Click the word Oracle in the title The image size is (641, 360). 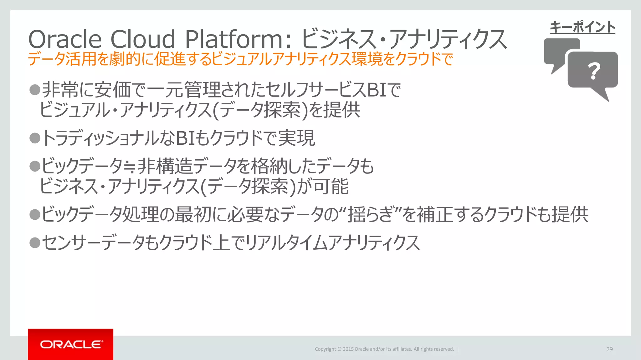65,39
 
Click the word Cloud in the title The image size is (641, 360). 143,39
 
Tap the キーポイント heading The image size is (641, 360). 582,27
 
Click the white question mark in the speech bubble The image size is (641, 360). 594,71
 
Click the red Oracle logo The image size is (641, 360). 71,344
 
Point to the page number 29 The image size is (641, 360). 609,349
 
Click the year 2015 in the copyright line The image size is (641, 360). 348,349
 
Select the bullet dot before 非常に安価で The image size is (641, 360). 35,90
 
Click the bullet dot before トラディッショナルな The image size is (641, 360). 35,138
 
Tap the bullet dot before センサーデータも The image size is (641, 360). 35,242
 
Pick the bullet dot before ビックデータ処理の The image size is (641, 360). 35,214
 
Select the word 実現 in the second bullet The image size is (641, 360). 296,138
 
